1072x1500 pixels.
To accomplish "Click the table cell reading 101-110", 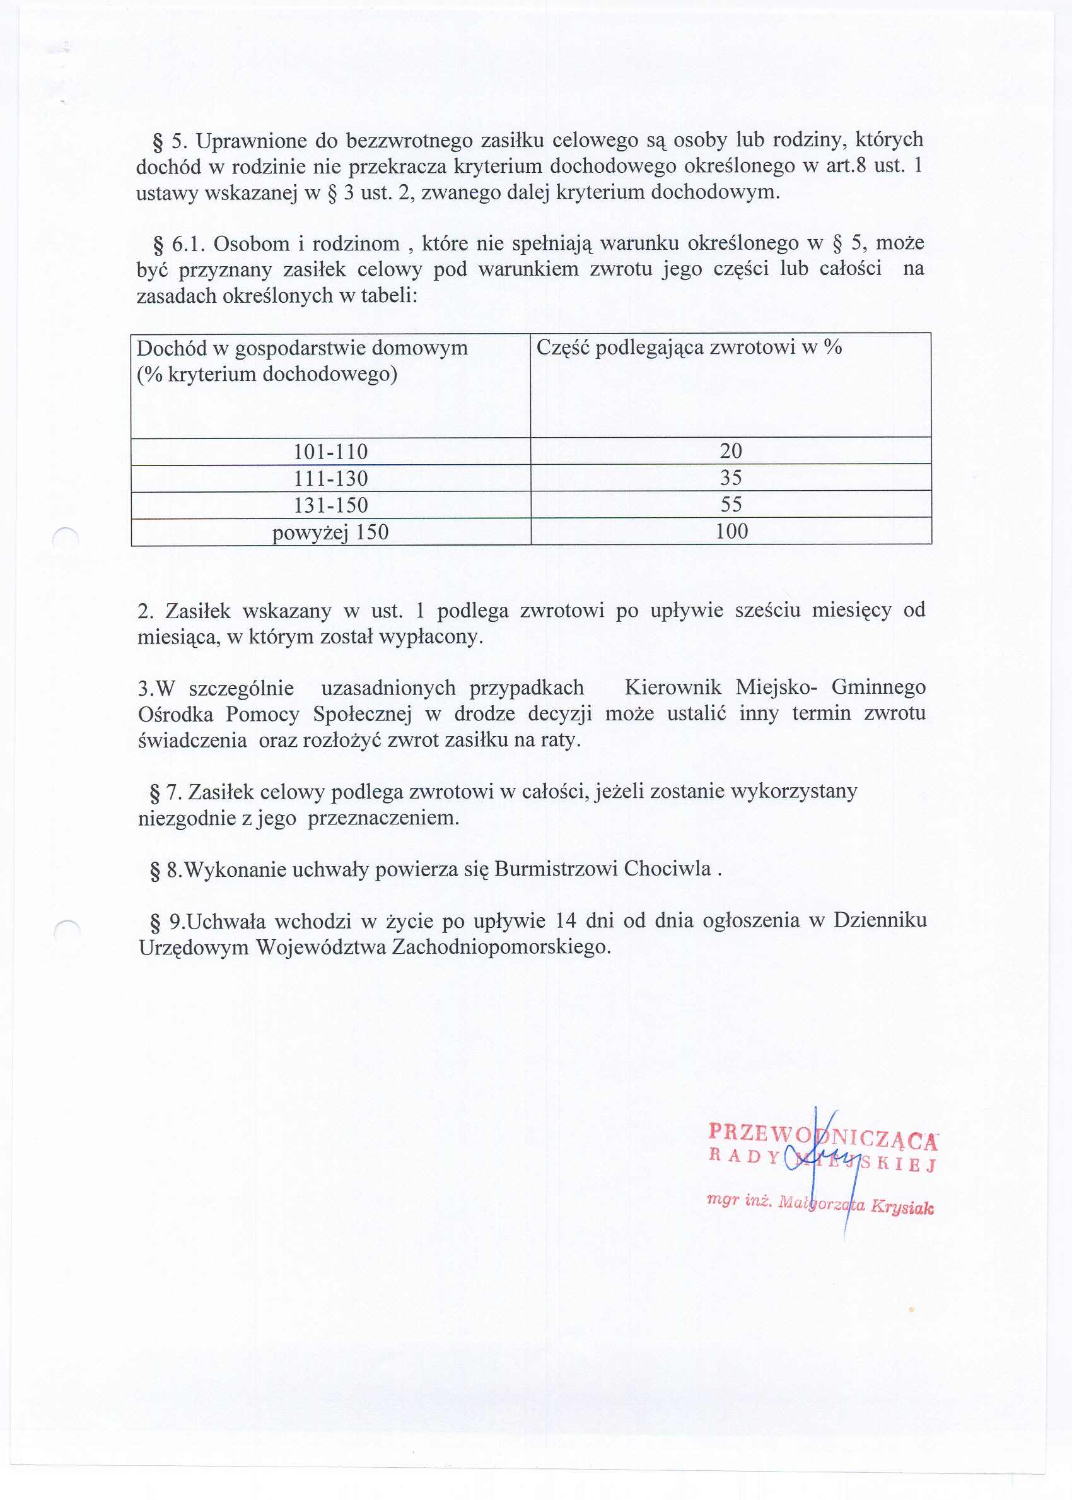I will coord(330,452).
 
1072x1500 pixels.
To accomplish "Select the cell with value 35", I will coord(731,478).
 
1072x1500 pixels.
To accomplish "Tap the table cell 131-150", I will coord(330,505).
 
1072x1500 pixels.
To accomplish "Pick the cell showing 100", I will coord(731,532).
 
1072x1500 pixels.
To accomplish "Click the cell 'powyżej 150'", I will coord(330,532).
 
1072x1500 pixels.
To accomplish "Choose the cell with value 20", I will coord(731,451).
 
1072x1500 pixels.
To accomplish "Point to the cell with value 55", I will coord(731,505).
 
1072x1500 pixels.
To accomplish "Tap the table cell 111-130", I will coord(330,479).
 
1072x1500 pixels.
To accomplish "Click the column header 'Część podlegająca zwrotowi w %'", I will coord(689,348).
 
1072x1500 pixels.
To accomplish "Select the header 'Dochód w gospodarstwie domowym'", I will coord(301,348).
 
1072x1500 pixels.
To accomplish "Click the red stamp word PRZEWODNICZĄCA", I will coord(822,1134).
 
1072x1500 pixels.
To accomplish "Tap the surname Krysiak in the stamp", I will coord(902,1207).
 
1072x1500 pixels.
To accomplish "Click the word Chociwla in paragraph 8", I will coord(667,868).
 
